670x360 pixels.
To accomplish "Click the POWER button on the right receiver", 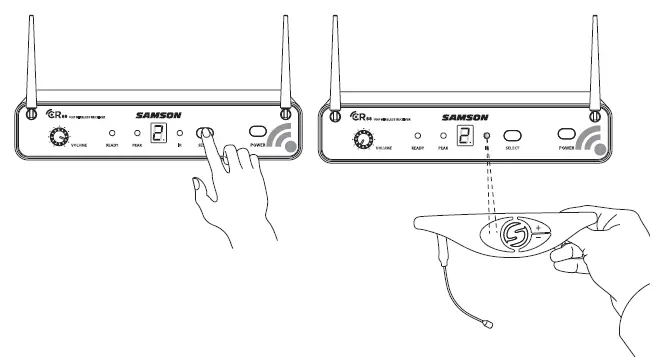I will (569, 134).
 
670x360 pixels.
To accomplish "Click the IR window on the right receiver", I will (487, 136).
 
